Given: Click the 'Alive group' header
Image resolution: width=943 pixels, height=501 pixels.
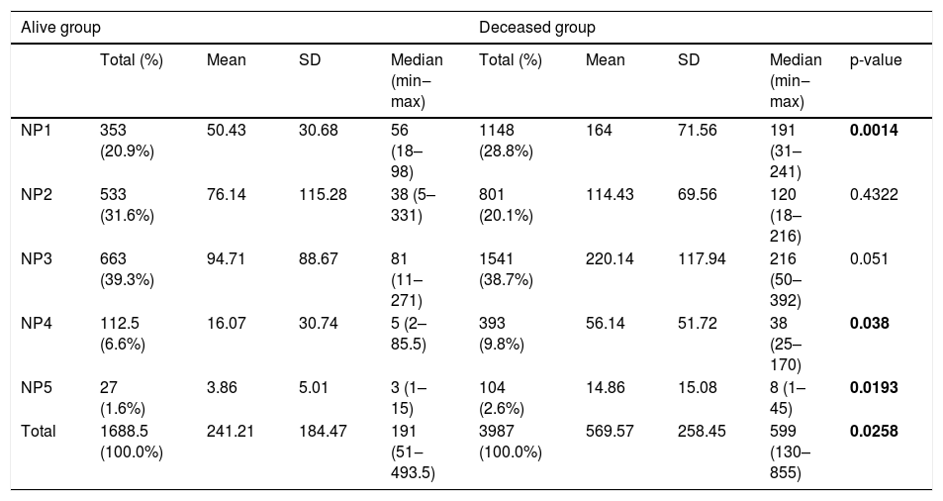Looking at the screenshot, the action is click(x=60, y=28).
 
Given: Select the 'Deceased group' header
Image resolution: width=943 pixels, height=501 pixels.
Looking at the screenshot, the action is click(x=537, y=28).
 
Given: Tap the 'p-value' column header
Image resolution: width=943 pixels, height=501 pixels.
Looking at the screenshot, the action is click(x=876, y=60).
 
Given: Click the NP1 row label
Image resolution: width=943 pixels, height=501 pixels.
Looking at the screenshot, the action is click(x=36, y=130).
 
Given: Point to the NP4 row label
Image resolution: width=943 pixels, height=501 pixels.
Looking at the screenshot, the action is click(x=36, y=323).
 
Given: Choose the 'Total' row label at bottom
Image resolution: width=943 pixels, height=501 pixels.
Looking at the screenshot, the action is click(x=39, y=432).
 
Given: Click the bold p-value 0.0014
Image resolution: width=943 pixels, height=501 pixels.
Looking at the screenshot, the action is click(x=874, y=130).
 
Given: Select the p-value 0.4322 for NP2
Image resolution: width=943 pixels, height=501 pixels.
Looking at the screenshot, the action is click(x=874, y=194).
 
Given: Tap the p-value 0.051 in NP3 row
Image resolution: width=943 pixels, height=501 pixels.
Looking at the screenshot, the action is click(x=869, y=258).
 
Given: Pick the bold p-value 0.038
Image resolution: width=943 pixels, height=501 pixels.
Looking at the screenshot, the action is click(x=870, y=323).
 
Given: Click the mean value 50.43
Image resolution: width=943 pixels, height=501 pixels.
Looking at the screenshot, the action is click(x=227, y=130).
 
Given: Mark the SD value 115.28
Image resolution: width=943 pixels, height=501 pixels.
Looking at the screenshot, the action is click(x=323, y=194).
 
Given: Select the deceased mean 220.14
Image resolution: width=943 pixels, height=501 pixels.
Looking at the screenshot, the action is click(x=610, y=258).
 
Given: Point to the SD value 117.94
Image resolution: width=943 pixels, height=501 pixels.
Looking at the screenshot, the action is click(x=702, y=258).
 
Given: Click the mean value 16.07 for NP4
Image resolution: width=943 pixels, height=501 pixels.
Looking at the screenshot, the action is click(x=227, y=323).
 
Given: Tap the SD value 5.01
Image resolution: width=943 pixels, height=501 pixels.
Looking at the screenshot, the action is click(x=314, y=387).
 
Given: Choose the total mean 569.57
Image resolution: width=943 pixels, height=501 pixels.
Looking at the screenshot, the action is click(x=610, y=432).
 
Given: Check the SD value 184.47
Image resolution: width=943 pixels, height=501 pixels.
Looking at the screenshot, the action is click(x=323, y=432).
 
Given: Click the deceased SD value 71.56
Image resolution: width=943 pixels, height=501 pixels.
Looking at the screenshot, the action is click(x=697, y=130).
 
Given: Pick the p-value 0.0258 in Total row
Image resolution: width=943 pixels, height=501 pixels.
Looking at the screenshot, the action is click(x=874, y=432).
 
